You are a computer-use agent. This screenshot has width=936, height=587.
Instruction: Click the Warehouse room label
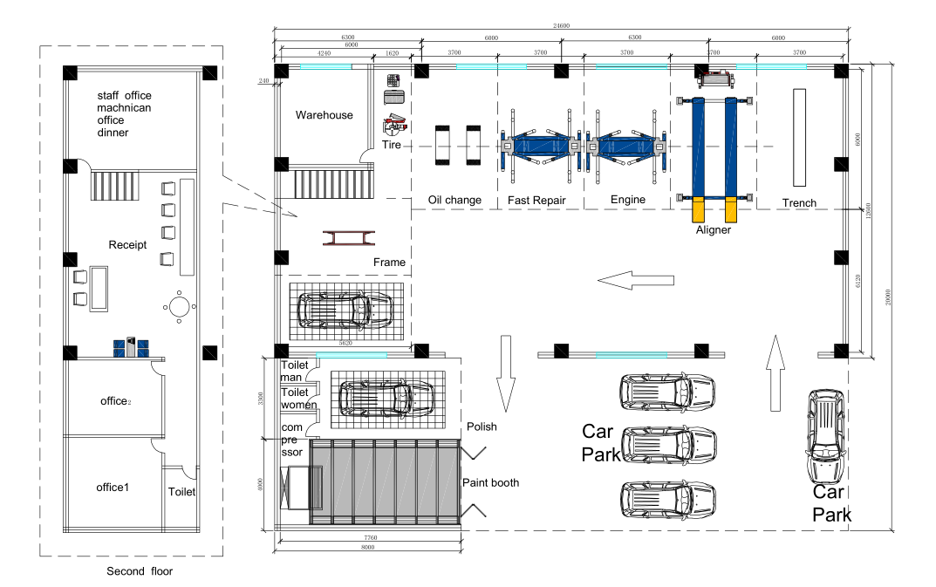pyautogui.click(x=324, y=115)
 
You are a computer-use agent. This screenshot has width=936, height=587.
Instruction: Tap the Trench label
pyautogui.click(x=799, y=203)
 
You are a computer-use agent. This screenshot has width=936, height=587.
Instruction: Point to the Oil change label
pyautogui.click(x=454, y=201)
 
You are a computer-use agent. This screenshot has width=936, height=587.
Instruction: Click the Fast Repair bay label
pyautogui.click(x=536, y=201)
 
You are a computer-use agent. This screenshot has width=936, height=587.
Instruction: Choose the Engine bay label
pyautogui.click(x=627, y=201)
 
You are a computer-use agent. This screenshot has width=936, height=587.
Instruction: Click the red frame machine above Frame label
pyautogui.click(x=350, y=239)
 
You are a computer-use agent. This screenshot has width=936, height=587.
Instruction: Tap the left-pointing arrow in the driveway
pyautogui.click(x=636, y=281)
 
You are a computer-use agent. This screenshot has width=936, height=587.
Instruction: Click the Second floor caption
pyautogui.click(x=140, y=572)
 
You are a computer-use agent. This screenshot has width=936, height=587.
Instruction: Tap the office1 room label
pyautogui.click(x=113, y=487)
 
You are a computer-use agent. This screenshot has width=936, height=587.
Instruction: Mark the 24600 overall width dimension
pyautogui.click(x=563, y=26)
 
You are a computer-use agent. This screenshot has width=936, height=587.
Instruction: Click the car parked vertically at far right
pyautogui.click(x=825, y=436)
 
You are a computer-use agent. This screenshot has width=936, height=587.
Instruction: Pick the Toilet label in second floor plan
pyautogui.click(x=181, y=492)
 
